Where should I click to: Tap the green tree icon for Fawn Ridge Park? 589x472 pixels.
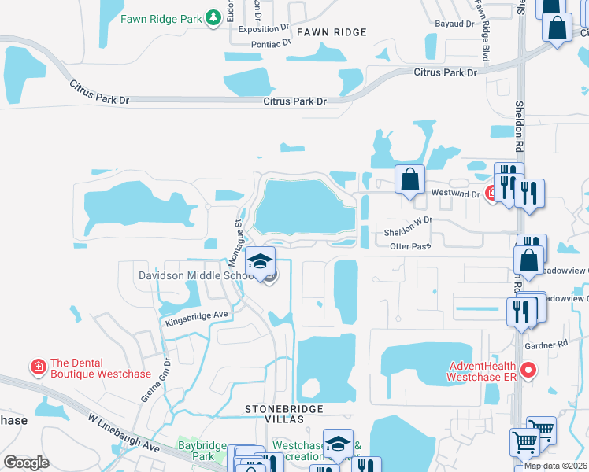coord(213,17)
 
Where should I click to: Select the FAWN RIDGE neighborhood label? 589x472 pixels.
coord(332,32)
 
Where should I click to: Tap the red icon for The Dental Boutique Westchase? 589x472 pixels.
coord(37,367)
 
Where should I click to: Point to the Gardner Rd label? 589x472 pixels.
coord(545,345)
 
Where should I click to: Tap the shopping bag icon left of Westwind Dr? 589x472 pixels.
coord(409,180)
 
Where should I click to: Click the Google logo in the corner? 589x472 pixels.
coord(27,463)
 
